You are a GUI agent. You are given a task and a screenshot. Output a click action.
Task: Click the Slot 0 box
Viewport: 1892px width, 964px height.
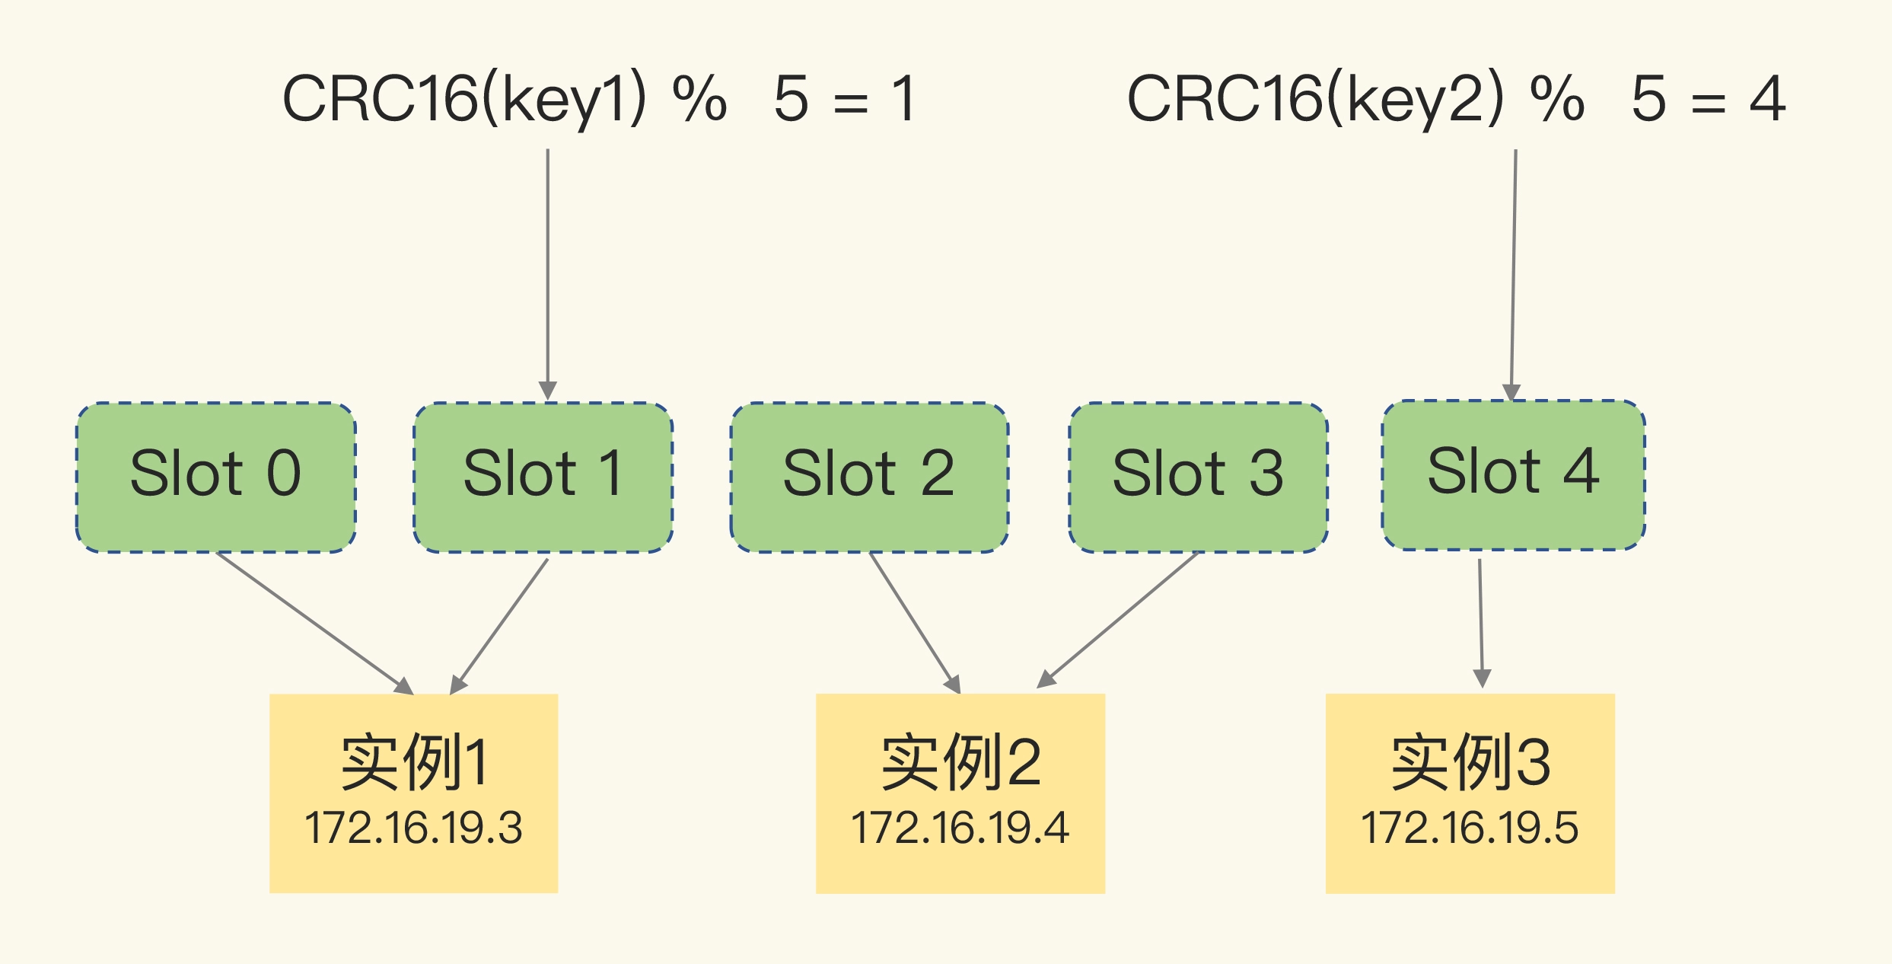coord(216,477)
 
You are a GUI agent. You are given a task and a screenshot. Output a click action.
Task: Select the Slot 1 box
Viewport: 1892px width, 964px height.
coord(543,477)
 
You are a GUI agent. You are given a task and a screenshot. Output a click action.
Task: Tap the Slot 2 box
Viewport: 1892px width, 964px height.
coord(869,477)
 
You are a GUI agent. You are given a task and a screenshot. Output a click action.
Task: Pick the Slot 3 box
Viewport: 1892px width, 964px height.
coord(1198,477)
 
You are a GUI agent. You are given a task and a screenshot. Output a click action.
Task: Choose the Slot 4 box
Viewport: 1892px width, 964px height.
coord(1513,474)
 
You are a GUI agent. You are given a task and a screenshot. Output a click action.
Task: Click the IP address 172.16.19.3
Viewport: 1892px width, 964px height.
coord(413,828)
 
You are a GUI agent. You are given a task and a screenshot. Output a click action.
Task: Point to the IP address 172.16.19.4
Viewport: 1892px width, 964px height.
coord(960,828)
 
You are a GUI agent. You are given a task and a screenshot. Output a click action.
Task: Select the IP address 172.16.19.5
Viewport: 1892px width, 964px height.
coord(1470,828)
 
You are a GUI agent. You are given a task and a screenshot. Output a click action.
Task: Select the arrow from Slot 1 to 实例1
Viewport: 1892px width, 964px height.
coord(500,624)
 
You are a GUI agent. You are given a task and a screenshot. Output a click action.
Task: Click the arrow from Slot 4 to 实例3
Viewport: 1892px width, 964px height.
coord(1480,621)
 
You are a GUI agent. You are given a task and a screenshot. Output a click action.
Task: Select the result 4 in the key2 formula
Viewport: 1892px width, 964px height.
coord(1767,99)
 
